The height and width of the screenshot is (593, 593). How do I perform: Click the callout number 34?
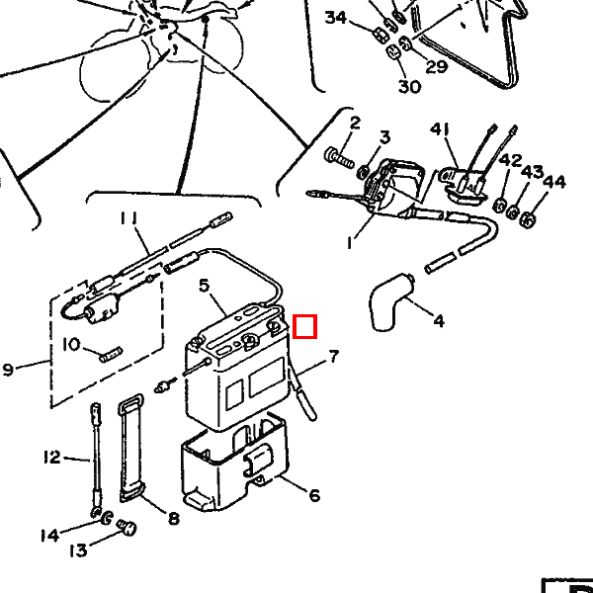[x=336, y=18]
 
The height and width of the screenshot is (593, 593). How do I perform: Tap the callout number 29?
[x=437, y=66]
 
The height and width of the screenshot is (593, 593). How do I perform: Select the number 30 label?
[x=409, y=86]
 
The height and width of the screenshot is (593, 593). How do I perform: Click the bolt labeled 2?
[x=338, y=155]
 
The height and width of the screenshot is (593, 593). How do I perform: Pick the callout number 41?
[x=440, y=129]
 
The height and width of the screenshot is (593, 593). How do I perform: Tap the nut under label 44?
[x=528, y=216]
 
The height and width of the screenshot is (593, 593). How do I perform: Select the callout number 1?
[x=348, y=242]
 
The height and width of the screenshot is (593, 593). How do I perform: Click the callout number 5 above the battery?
[x=205, y=286]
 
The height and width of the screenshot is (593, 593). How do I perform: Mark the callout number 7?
[x=333, y=356]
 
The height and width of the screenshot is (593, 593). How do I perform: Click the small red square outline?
[x=305, y=326]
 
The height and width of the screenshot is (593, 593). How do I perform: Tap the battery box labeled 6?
[x=232, y=465]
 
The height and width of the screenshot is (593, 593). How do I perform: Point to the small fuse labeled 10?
[x=109, y=350]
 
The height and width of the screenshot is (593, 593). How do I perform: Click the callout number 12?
[x=51, y=457]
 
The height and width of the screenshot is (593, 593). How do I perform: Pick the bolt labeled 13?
[x=125, y=528]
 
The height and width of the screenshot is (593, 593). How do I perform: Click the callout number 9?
[x=8, y=370]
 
